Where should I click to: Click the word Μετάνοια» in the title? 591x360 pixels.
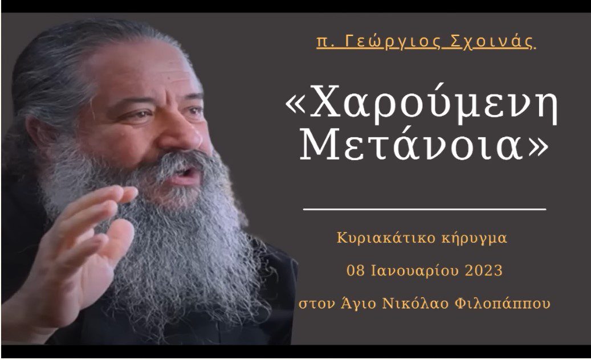[424, 144]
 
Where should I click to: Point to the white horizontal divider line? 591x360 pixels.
[425, 208]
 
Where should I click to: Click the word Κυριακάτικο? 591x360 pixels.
[386, 238]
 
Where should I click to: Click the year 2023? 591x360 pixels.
[484, 271]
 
